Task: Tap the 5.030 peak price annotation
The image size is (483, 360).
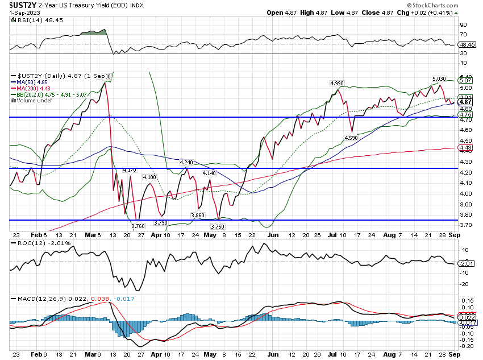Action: (439, 78)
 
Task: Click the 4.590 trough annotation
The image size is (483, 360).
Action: (351, 138)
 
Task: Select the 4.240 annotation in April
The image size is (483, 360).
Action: (186, 162)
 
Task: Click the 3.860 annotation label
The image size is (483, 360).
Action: (197, 215)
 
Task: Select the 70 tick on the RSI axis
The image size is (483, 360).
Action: (463, 35)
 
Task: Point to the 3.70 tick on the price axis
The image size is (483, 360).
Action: (465, 225)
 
